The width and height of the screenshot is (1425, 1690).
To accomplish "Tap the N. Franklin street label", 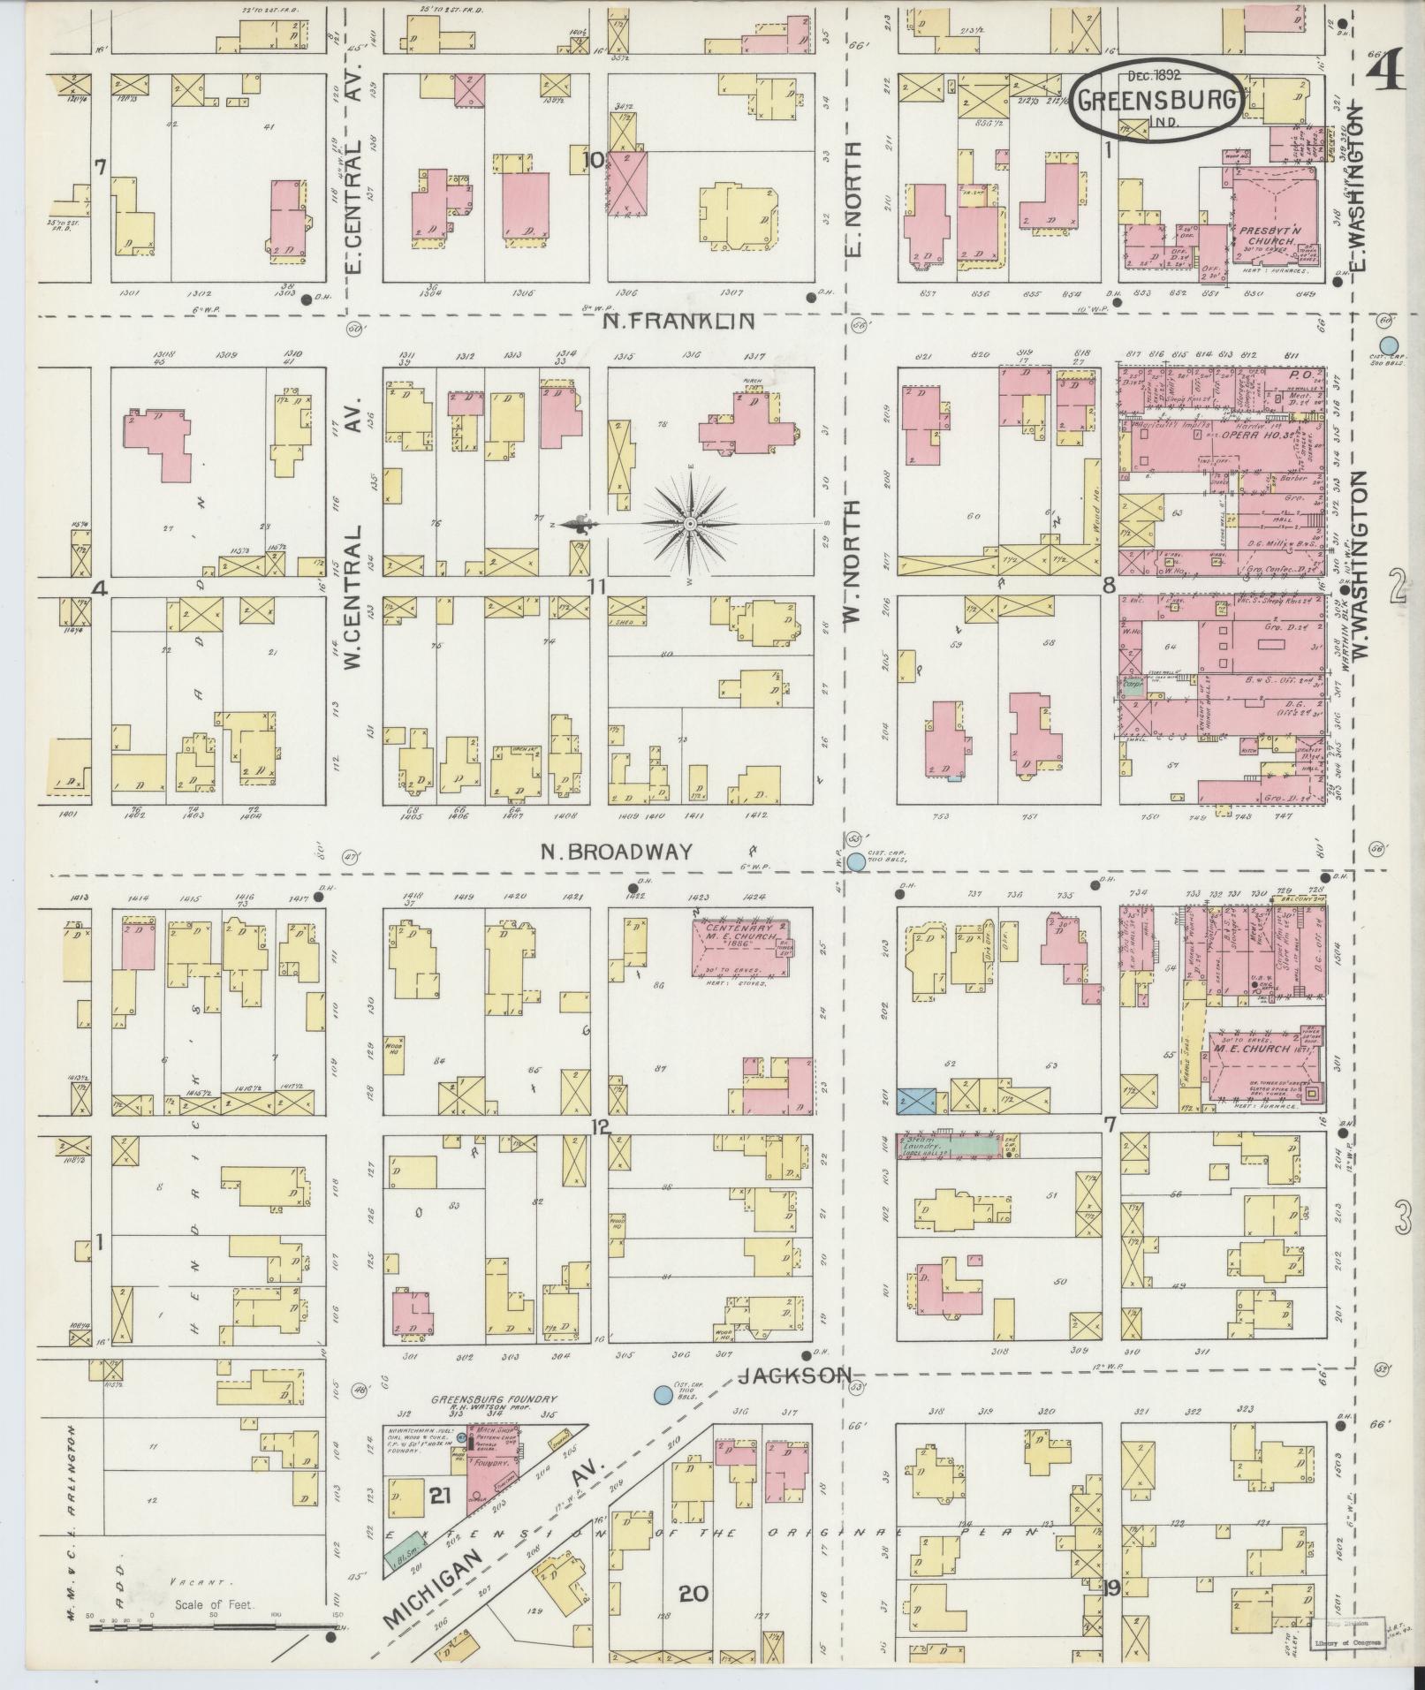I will (678, 322).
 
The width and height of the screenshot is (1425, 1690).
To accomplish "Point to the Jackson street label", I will (795, 1399).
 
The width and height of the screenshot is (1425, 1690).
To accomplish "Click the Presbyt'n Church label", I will (1266, 234).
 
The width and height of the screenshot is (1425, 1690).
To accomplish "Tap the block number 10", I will (594, 160).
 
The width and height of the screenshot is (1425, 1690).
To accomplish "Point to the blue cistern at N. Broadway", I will (856, 860).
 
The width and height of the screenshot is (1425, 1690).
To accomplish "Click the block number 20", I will (694, 1594).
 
